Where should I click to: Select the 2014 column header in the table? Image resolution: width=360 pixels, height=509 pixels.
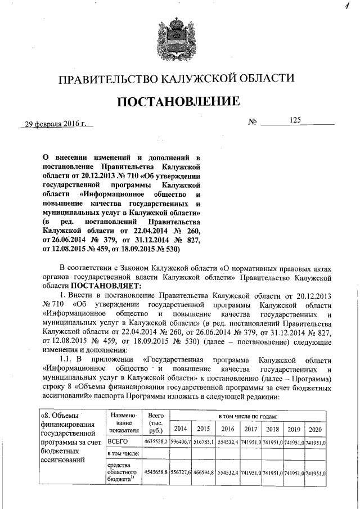pos(181,428)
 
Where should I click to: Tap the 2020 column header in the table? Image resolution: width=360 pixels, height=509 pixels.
pos(315,428)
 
